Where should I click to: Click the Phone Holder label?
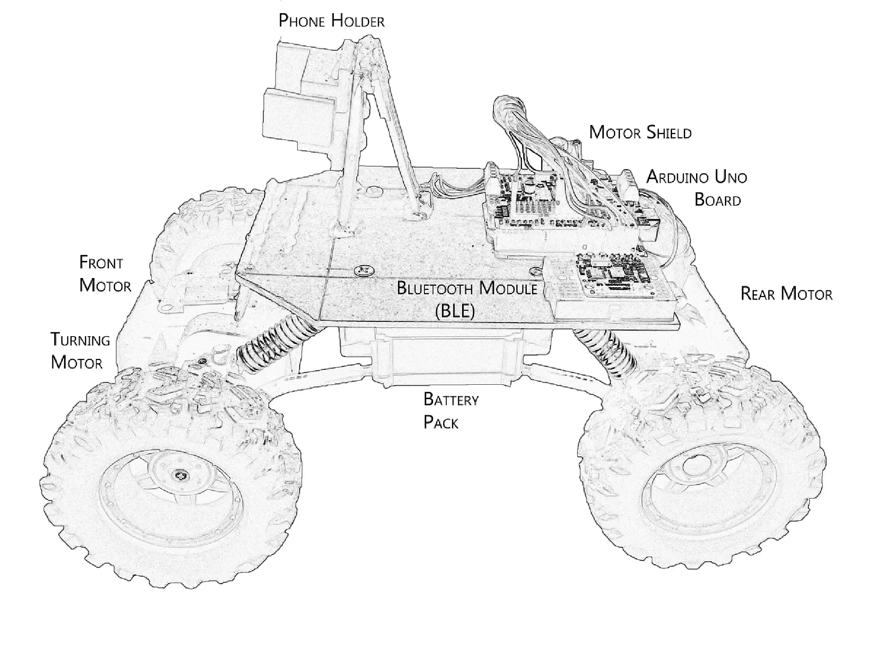pos(331,21)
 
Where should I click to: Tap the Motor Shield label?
pos(640,132)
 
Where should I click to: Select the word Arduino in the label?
pos(678,177)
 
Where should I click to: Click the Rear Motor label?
pos(786,294)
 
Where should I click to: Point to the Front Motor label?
pos(105,274)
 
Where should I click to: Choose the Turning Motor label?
pos(80,351)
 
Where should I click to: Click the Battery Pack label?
pos(451,411)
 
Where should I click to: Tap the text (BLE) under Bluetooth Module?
pos(455,311)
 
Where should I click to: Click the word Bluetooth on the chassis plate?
pos(436,289)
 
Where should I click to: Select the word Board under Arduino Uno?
pos(717,200)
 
